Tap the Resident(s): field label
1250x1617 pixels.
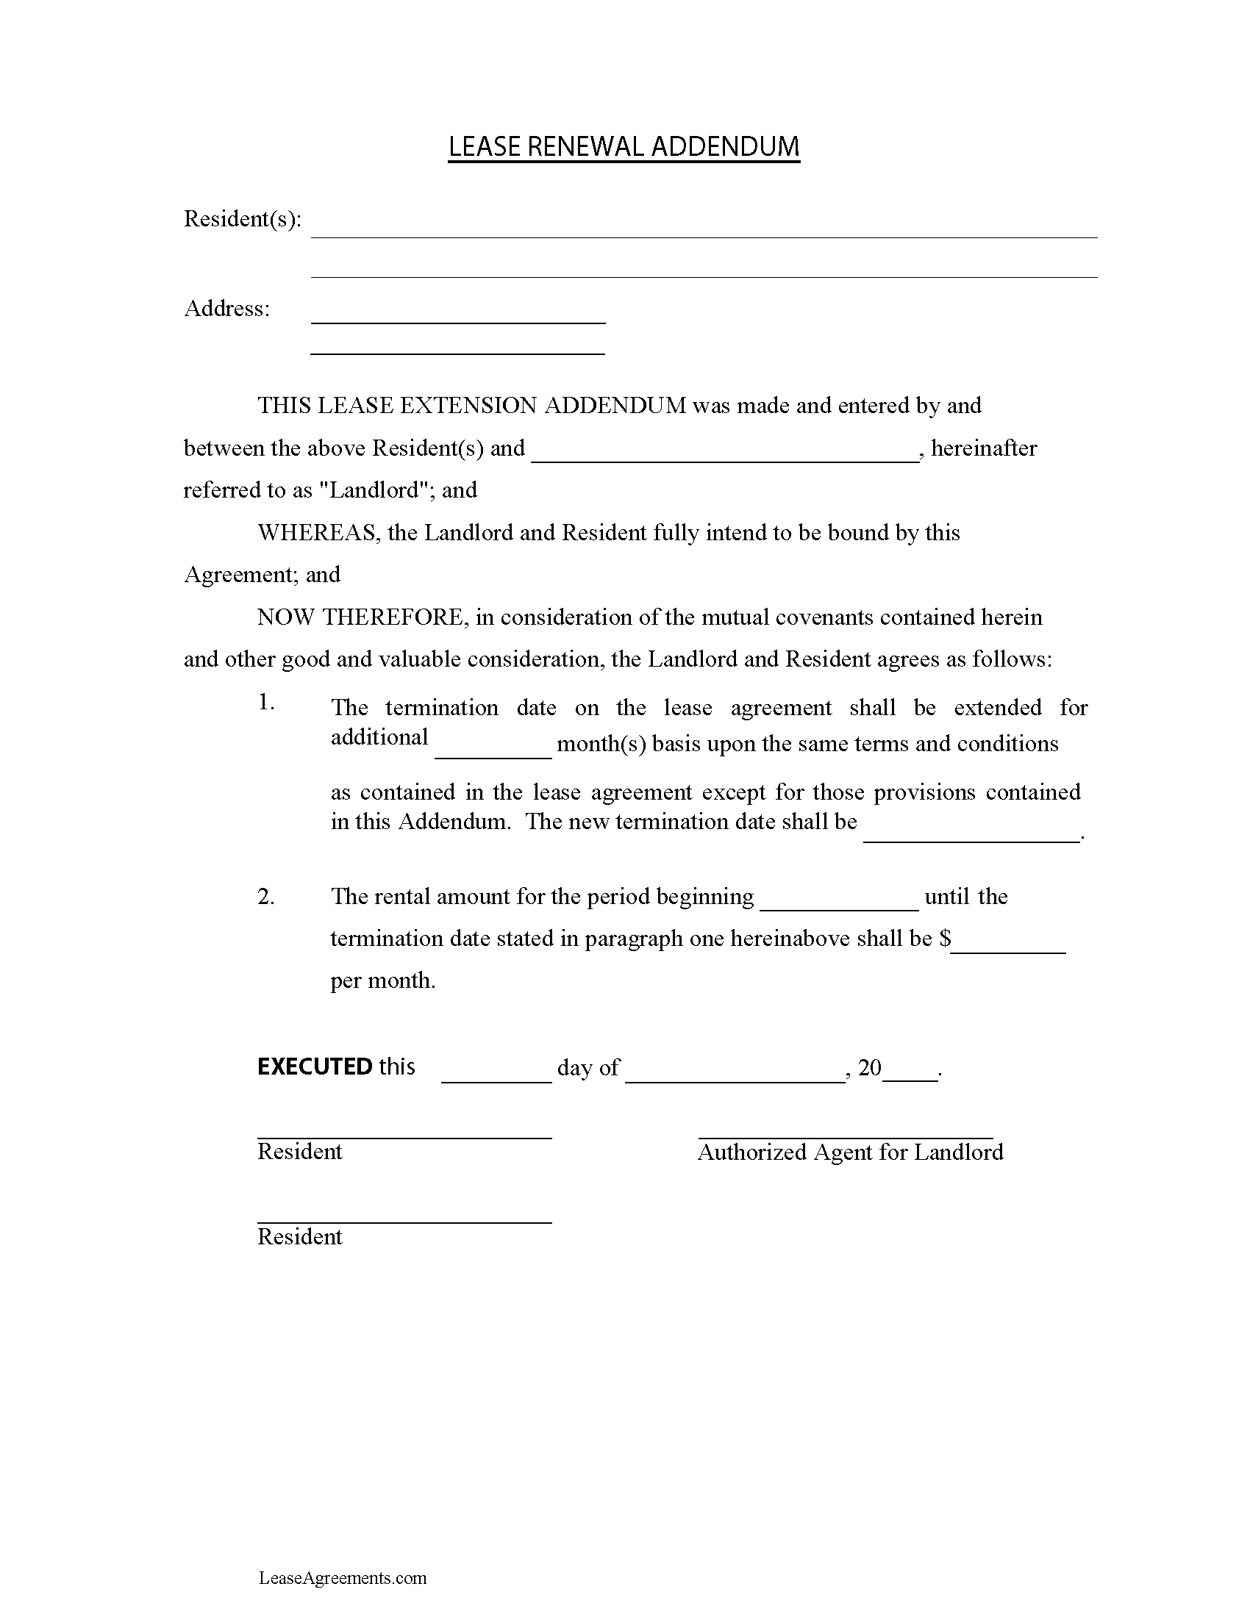(242, 219)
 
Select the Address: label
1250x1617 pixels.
(226, 309)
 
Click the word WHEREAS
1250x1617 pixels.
(317, 533)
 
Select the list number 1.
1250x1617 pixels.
(266, 703)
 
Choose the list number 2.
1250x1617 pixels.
(266, 897)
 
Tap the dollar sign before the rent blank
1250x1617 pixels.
(945, 939)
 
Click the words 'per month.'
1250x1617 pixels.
(383, 980)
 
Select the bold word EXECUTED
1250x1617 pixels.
(315, 1067)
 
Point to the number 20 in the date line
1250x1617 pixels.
(869, 1068)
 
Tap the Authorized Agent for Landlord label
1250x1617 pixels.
(850, 1152)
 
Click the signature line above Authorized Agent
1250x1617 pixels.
(846, 1137)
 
